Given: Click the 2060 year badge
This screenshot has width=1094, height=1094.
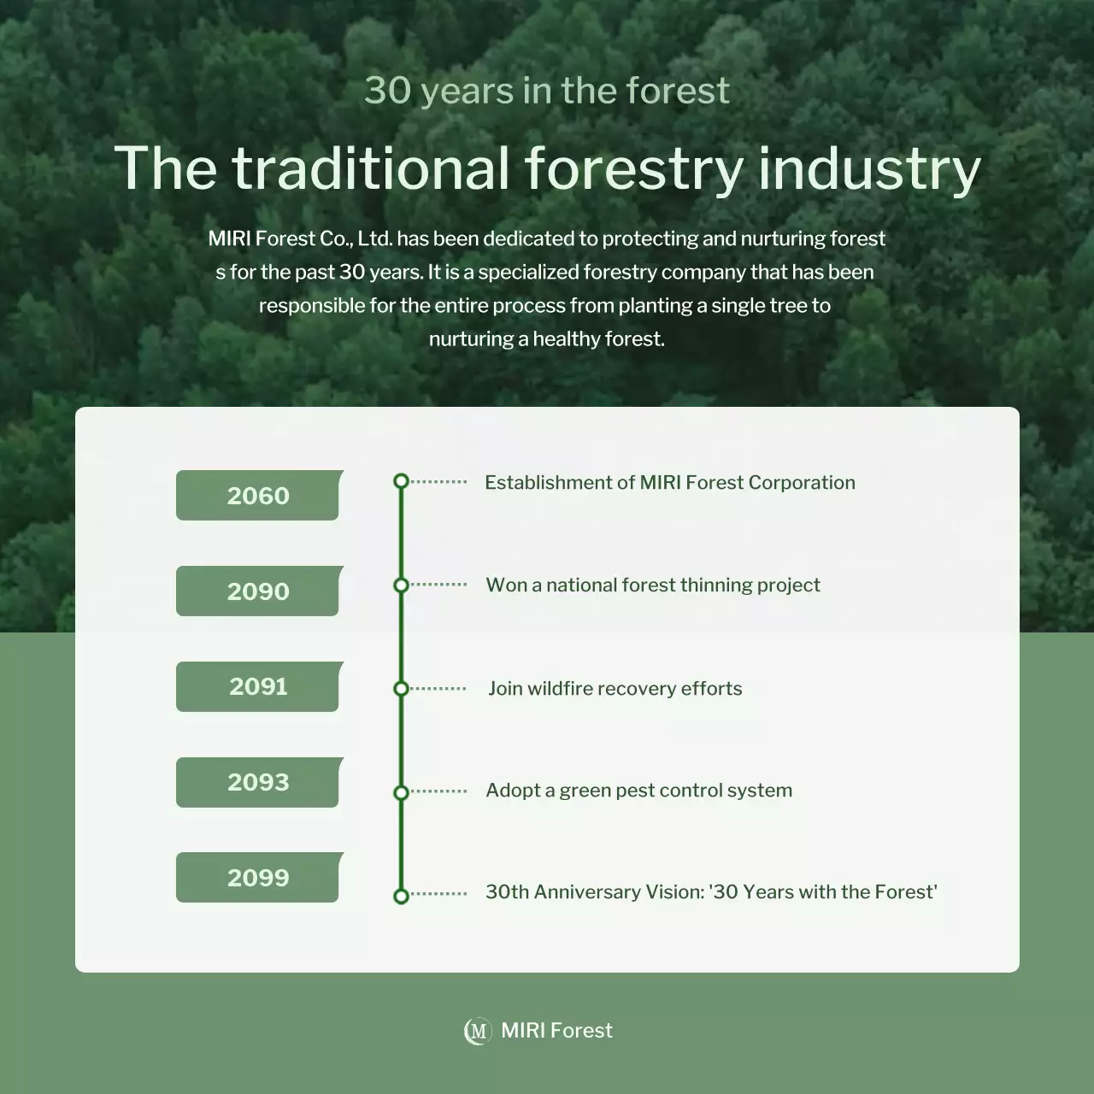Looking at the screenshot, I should [x=257, y=496].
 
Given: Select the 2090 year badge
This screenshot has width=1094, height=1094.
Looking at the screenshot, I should [x=257, y=591].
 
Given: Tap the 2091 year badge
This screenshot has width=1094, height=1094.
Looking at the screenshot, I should [x=257, y=686].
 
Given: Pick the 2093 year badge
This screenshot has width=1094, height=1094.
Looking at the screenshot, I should [x=257, y=782].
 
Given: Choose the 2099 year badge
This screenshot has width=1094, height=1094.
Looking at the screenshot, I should [x=257, y=878].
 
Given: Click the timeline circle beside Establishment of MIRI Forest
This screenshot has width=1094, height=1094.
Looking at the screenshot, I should [x=401, y=481].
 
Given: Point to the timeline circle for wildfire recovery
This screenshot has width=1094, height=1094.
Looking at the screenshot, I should [x=401, y=689].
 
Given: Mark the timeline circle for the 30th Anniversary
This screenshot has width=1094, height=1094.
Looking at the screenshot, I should [x=401, y=896].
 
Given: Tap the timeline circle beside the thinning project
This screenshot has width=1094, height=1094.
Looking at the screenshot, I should [x=401, y=585].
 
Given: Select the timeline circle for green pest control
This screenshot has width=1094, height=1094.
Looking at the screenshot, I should [x=401, y=792].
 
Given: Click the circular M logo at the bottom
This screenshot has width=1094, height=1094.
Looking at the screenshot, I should [x=477, y=1031].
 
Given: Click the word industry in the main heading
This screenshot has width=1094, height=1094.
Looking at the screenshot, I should [x=869, y=168].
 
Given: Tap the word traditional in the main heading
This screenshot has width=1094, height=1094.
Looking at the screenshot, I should [x=371, y=168].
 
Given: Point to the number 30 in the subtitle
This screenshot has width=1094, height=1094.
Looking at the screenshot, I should [x=387, y=91].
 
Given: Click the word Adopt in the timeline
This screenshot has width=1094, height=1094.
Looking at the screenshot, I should [x=511, y=791].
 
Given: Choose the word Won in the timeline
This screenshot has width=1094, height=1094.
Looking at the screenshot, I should [x=506, y=585].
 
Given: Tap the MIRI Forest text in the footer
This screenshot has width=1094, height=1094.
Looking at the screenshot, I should [x=556, y=1031].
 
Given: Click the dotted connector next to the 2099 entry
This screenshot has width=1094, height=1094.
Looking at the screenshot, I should [x=438, y=894].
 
